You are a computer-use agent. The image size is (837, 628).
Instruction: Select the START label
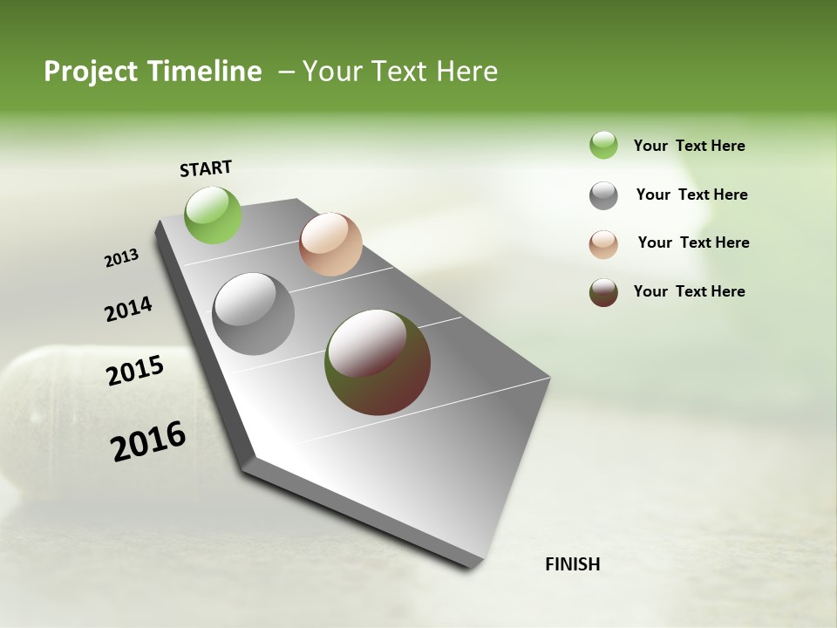pyautogui.click(x=206, y=168)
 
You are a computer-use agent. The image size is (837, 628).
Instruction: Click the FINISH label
pyautogui.click(x=572, y=564)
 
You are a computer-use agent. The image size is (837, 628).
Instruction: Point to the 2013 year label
pyautogui.click(x=121, y=258)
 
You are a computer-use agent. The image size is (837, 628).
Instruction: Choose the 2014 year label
pyautogui.click(x=128, y=309)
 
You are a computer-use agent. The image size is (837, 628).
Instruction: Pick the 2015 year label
pyautogui.click(x=135, y=371)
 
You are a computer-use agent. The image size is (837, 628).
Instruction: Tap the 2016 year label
pyautogui.click(x=148, y=441)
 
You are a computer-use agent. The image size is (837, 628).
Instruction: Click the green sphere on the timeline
pyautogui.click(x=213, y=215)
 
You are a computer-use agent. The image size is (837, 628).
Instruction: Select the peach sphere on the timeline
pyautogui.click(x=330, y=244)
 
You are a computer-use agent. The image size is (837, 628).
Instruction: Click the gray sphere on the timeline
pyautogui.click(x=253, y=314)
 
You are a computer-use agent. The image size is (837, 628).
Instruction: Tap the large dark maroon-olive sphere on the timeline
pyautogui.click(x=378, y=362)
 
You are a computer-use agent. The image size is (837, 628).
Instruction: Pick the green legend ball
pyautogui.click(x=603, y=146)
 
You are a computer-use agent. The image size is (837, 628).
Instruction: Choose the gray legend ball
pyautogui.click(x=603, y=195)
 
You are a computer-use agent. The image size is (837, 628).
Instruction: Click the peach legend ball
pyautogui.click(x=603, y=244)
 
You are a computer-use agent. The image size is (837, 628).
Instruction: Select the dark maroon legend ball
pyautogui.click(x=603, y=292)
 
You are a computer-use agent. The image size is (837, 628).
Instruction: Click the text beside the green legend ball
pyautogui.click(x=689, y=146)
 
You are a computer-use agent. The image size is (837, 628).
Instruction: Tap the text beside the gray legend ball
pyautogui.click(x=691, y=195)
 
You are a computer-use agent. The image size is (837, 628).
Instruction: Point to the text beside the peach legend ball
pyautogui.click(x=693, y=242)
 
